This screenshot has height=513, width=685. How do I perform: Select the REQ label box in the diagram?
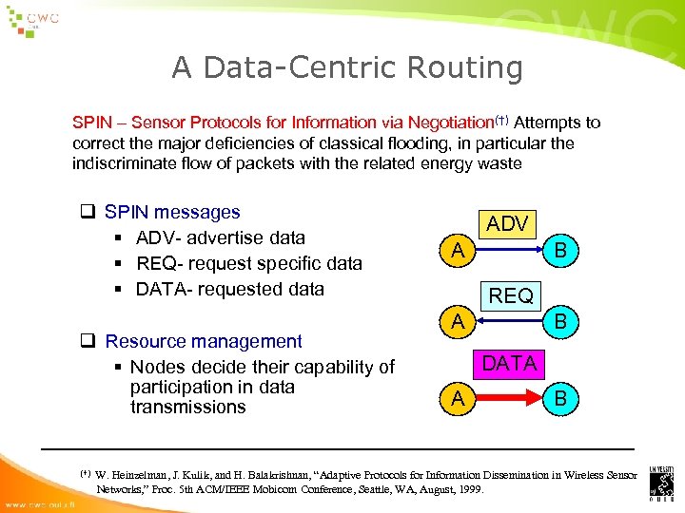(510, 295)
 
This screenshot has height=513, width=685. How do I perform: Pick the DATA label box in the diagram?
(510, 364)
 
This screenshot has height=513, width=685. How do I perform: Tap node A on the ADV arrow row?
(459, 252)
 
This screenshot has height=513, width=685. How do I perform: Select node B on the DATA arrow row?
(561, 399)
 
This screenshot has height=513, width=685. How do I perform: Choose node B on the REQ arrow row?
(561, 323)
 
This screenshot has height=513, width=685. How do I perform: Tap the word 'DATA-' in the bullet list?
(165, 289)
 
